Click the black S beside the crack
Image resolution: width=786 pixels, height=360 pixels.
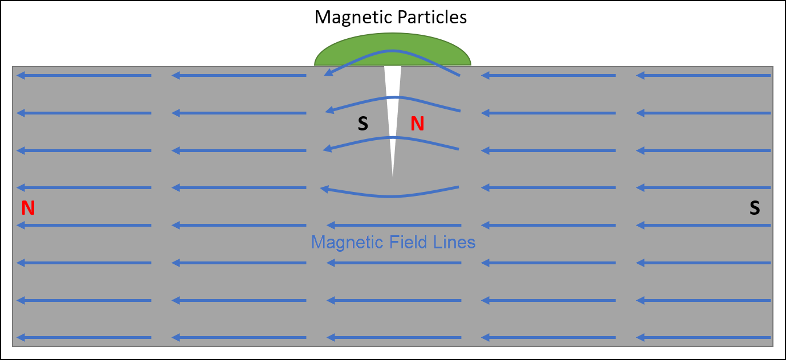(x=363, y=124)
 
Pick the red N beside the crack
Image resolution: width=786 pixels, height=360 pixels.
(x=418, y=124)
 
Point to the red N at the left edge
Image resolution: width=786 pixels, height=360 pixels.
(x=28, y=208)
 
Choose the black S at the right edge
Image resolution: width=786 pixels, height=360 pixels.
(x=755, y=208)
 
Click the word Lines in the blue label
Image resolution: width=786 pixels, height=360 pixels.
(x=454, y=243)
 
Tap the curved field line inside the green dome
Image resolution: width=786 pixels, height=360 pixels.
(x=393, y=52)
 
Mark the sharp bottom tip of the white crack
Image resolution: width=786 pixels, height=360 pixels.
(x=393, y=176)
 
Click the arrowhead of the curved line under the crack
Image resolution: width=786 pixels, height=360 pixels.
(x=324, y=189)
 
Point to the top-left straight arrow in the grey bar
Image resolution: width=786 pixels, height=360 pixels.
(x=84, y=75)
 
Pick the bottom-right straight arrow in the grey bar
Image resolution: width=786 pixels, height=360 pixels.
(x=704, y=338)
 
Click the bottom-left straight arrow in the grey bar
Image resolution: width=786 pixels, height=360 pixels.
(x=84, y=338)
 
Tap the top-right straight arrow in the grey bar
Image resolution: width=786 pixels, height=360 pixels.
(x=704, y=75)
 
